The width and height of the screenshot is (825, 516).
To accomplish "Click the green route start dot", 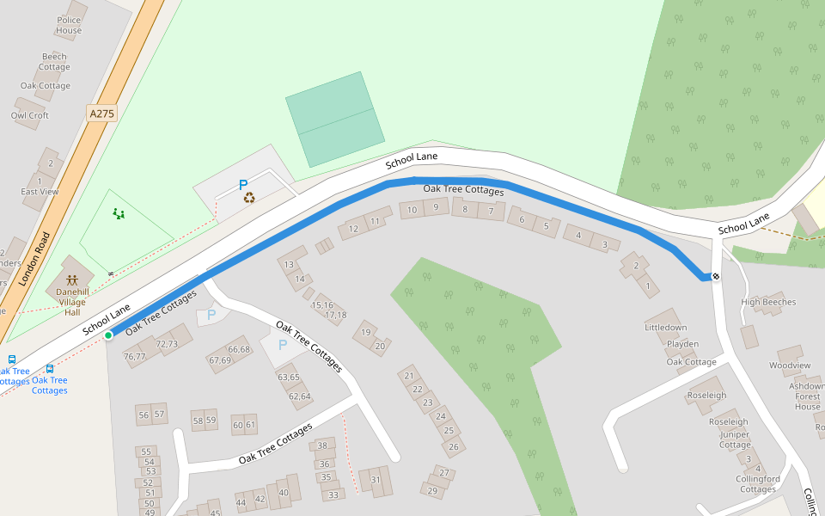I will pyautogui.click(x=108, y=335).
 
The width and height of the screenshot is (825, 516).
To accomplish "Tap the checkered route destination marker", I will pyautogui.click(x=715, y=276).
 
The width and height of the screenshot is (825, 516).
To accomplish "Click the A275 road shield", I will pyautogui.click(x=101, y=114).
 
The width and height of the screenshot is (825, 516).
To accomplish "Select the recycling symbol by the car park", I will pyautogui.click(x=249, y=198).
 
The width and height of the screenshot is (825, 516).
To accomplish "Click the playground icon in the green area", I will pyautogui.click(x=119, y=213).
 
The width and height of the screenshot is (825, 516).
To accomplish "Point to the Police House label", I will pyautogui.click(x=69, y=25).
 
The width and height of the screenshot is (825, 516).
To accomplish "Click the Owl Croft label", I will pyautogui.click(x=30, y=115).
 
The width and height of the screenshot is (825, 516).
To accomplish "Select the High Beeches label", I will pyautogui.click(x=768, y=302).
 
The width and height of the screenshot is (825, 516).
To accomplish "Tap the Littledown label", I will pyautogui.click(x=666, y=328).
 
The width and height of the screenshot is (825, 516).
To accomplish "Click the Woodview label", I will pyautogui.click(x=790, y=365).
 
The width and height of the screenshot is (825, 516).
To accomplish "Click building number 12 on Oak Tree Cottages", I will pyautogui.click(x=353, y=230).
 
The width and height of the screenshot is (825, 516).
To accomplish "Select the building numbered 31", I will pyautogui.click(x=376, y=480).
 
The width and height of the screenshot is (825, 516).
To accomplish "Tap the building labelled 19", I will pyautogui.click(x=366, y=332).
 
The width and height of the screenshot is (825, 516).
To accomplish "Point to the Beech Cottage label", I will pyautogui.click(x=54, y=62).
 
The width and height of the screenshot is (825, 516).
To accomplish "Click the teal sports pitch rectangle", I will pyautogui.click(x=334, y=119).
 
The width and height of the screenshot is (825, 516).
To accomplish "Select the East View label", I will pyautogui.click(x=40, y=192).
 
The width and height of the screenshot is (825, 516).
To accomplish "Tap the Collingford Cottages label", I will pyautogui.click(x=758, y=484).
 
